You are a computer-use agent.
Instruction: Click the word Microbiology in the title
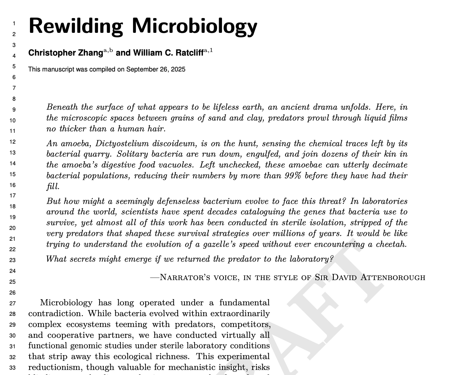pyautogui.click(x=194, y=26)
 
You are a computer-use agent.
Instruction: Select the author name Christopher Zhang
pyautogui.click(x=66, y=53)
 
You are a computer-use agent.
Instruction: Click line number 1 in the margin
pyautogui.click(x=14, y=23)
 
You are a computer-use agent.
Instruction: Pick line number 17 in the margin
pyautogui.click(x=13, y=196)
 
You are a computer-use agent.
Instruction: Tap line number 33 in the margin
pyautogui.click(x=13, y=368)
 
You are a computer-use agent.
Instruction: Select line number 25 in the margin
pyautogui.click(x=13, y=282)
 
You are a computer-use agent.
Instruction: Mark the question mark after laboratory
pyautogui.click(x=332, y=259)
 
